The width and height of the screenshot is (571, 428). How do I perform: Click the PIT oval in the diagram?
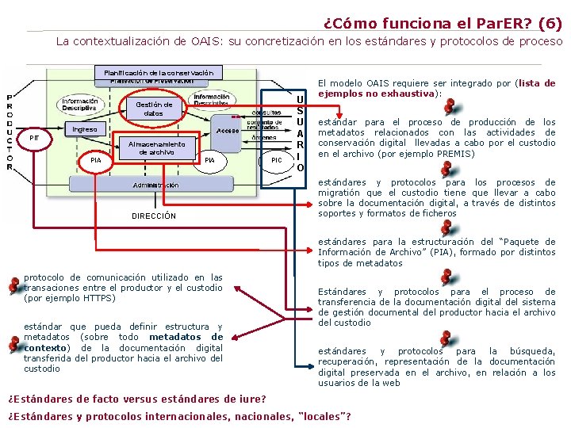click(x=34, y=138)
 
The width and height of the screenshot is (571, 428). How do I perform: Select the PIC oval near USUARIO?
click(x=276, y=160)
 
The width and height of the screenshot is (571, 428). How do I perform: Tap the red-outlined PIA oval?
click(x=96, y=161)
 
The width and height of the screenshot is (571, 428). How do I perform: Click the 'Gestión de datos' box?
click(x=154, y=109)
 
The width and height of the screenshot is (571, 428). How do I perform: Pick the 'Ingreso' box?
click(x=85, y=129)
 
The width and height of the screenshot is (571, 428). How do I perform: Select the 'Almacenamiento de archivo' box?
click(x=156, y=148)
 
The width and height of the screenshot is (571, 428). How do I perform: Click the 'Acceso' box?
click(x=228, y=130)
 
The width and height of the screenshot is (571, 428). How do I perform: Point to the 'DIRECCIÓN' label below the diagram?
click(x=154, y=216)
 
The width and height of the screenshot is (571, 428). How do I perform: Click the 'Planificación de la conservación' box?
click(x=158, y=73)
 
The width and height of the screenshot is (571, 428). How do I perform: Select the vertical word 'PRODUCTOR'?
click(x=10, y=130)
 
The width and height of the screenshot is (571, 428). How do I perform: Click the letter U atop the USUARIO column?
click(x=300, y=100)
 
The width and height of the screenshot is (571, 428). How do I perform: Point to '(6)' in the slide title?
click(x=550, y=24)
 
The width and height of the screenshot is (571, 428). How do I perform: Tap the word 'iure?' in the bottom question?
click(x=251, y=398)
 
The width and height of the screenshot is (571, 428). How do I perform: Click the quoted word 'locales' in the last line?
click(x=322, y=417)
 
